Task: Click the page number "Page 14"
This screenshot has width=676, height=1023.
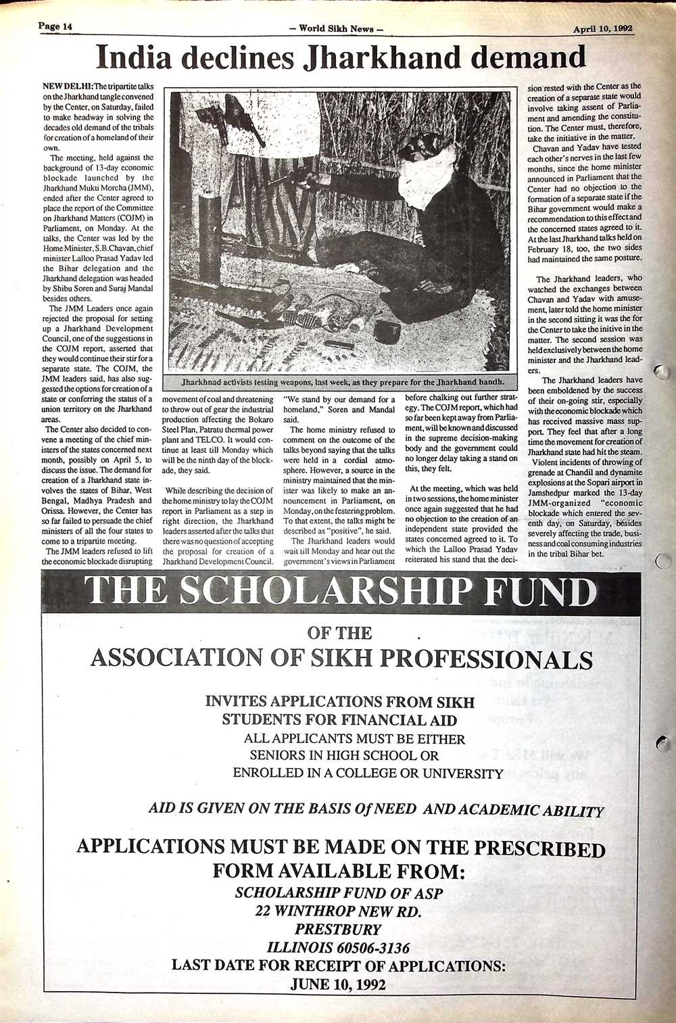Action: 55,26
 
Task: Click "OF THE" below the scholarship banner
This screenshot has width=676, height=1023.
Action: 339,633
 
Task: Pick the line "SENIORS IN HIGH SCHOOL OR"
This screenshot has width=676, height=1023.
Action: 344,755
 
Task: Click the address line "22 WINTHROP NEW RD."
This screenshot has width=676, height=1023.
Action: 339,911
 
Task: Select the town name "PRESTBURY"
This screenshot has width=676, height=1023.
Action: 339,929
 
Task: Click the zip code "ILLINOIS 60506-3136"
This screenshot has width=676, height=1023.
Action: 339,947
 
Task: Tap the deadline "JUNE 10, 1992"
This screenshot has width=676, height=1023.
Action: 338,984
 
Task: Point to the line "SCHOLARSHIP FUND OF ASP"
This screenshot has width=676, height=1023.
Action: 339,893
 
